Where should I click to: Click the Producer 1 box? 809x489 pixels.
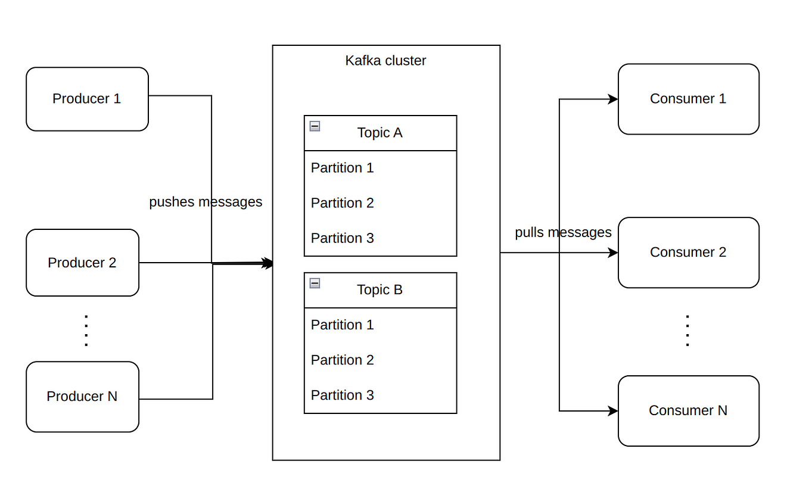click(x=87, y=99)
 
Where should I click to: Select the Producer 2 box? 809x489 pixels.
click(x=82, y=263)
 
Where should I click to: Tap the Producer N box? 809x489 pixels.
click(x=82, y=397)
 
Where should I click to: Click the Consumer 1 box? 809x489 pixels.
click(x=688, y=99)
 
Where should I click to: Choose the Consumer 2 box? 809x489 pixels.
click(x=688, y=253)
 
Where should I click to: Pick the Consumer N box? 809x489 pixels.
click(x=688, y=411)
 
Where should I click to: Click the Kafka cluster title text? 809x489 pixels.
click(x=385, y=61)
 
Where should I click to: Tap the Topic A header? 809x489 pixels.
click(x=380, y=133)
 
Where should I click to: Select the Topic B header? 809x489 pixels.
click(x=380, y=290)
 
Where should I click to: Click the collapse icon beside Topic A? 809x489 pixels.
click(x=315, y=126)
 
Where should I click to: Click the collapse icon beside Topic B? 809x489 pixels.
click(x=315, y=283)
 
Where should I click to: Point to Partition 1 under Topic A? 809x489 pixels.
click(x=342, y=168)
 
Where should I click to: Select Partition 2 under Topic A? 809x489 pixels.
click(x=342, y=203)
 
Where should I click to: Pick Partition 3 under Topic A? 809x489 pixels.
click(x=342, y=238)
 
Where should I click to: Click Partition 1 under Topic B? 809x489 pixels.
click(x=342, y=325)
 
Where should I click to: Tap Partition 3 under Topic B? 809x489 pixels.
click(x=342, y=395)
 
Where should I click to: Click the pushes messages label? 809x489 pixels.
click(x=206, y=202)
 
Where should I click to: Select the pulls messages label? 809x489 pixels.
click(x=563, y=232)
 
